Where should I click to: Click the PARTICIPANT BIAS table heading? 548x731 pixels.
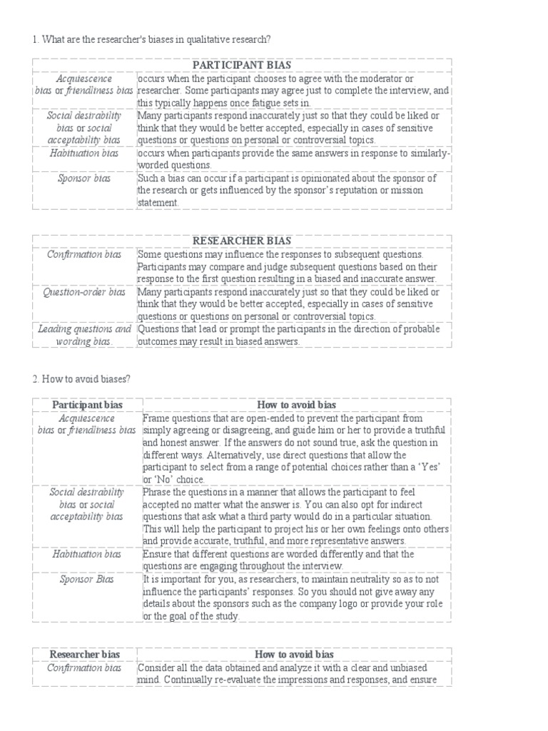[x=243, y=66]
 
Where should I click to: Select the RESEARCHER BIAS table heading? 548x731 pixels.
[x=243, y=241]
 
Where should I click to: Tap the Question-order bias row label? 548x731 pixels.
[x=85, y=292]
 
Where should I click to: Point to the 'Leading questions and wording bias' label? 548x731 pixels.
[x=85, y=336]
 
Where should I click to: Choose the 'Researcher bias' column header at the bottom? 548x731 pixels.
[x=85, y=654]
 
